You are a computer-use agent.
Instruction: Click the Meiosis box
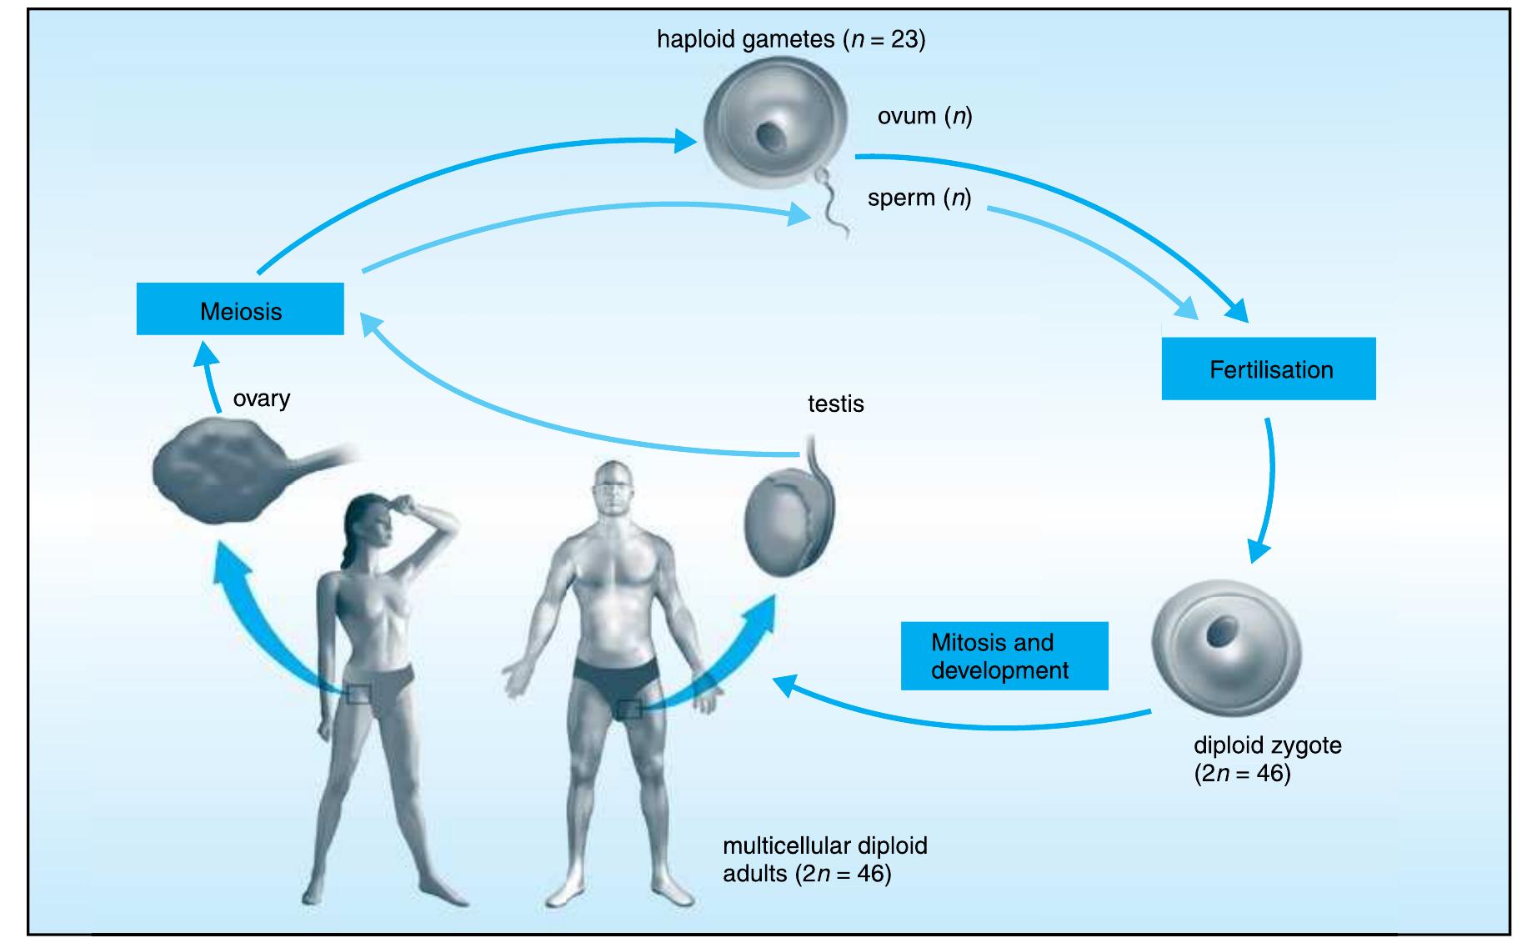pos(240,309)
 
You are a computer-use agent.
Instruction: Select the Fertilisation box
pos(1268,369)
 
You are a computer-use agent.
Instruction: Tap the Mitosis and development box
pos(1004,656)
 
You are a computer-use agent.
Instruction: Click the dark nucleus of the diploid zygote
pos(1224,630)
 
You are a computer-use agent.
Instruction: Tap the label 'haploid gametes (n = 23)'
pos(790,40)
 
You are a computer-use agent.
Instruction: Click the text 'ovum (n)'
pos(924,116)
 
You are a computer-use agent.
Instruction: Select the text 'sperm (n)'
pos(919,198)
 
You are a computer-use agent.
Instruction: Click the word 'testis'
pos(835,404)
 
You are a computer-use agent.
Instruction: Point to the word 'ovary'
pos(262,399)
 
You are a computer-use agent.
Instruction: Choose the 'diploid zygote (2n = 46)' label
pos(1266,759)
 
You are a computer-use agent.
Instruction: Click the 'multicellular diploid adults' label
pos(824,860)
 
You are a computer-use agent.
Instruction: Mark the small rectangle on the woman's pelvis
pos(361,693)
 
